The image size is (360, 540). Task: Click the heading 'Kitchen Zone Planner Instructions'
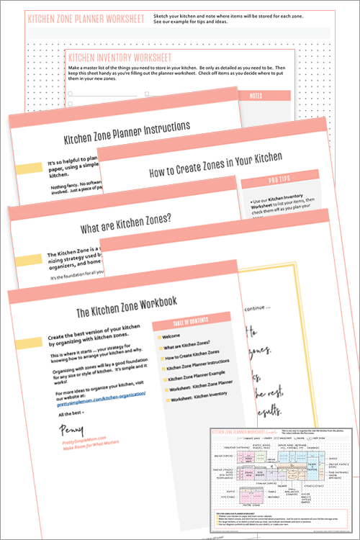click(126, 128)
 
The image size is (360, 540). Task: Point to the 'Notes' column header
click(257, 95)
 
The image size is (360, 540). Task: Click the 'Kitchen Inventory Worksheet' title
click(119, 55)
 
